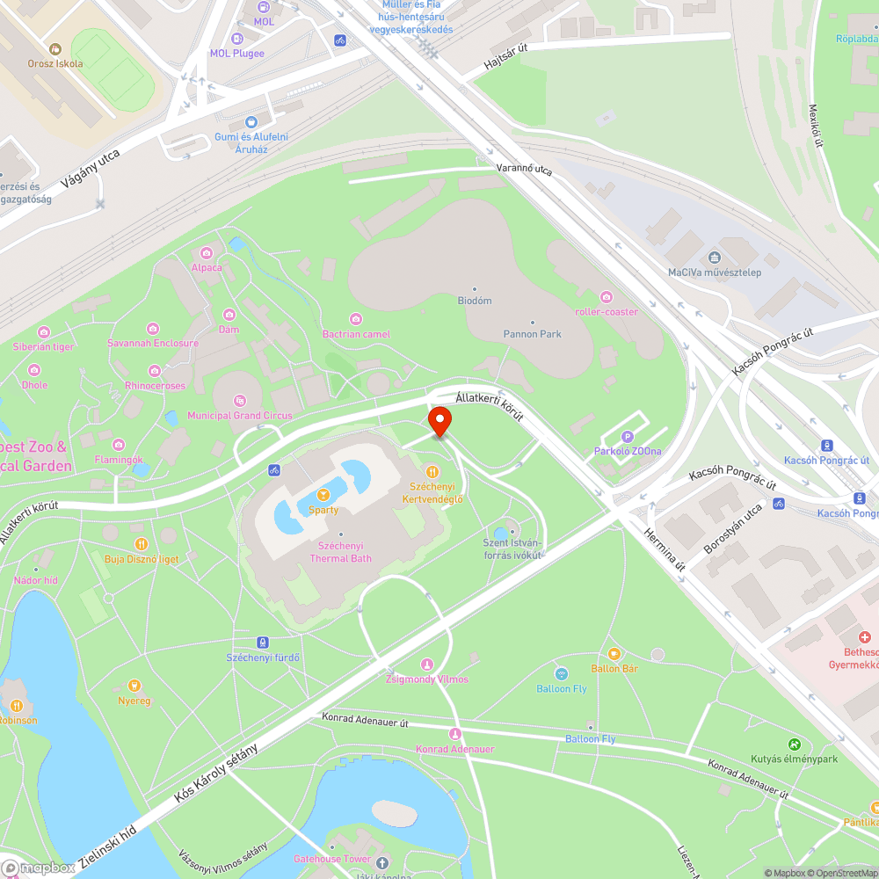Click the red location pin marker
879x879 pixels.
coord(439,420)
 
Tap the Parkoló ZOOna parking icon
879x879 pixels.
coord(628,437)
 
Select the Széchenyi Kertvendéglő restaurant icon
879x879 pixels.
coord(432,472)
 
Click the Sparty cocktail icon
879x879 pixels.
coord(323,496)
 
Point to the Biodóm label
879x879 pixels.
coord(475,301)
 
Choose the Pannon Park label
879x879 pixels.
coord(532,334)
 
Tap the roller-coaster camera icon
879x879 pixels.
coord(606,296)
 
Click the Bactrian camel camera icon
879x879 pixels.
coord(356,319)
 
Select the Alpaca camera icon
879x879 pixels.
coord(207,253)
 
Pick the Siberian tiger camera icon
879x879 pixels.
coord(44,331)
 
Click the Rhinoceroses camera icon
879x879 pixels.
coord(155,370)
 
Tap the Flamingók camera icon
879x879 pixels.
coord(118,445)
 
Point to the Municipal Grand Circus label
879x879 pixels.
coord(233,415)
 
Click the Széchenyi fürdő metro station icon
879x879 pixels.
coord(262,643)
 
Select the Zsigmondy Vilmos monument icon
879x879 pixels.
coord(427,665)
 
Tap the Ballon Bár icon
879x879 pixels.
coord(614,654)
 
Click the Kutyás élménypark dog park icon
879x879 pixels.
coord(795,744)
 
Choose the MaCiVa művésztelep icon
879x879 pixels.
coord(714,258)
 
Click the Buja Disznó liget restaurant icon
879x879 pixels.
coord(142,544)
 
